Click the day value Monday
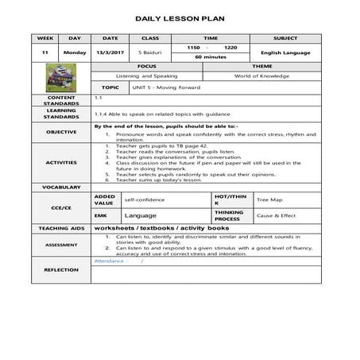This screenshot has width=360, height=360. [x=75, y=52]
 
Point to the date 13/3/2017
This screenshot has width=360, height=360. [x=110, y=52]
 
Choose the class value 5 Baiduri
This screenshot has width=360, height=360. [x=150, y=52]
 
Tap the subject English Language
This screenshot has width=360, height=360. [x=285, y=52]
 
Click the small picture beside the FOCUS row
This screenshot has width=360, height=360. [x=60, y=77]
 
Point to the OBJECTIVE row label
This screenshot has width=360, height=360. [x=61, y=131]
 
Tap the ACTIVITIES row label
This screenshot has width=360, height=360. [x=61, y=162]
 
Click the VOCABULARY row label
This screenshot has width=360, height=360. [x=61, y=187]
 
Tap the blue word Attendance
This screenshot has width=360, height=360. [x=109, y=260]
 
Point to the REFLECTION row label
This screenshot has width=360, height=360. [x=61, y=269]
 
